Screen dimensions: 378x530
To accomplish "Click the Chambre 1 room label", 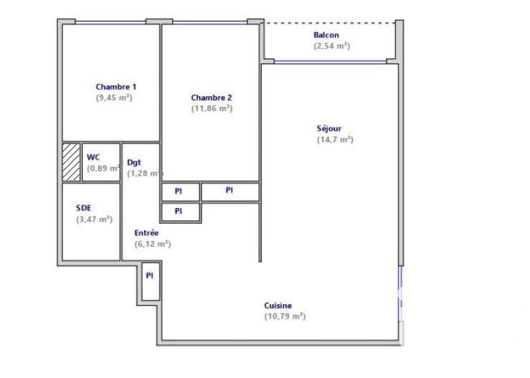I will point(115,87).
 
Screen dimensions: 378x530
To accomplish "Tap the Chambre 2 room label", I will point(211,98).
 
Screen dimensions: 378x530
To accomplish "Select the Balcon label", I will point(326,35).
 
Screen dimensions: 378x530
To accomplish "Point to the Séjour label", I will point(329,129).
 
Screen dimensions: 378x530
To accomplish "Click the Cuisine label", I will point(278,306).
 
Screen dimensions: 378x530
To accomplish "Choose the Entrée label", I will point(146,233).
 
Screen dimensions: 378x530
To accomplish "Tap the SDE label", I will point(84,209).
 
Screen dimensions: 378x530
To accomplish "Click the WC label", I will point(93,157).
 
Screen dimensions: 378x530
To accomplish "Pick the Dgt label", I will point(133,162).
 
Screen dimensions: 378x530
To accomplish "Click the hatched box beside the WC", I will point(71,162).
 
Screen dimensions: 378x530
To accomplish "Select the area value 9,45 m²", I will point(115,98).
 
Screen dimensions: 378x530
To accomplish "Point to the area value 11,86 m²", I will point(212,108).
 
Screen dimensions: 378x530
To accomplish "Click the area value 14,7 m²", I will point(335,140).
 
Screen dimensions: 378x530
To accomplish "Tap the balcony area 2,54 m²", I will point(331,46).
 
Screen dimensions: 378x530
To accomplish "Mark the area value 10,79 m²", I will point(285,316).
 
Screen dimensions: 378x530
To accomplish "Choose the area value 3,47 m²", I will point(95,219).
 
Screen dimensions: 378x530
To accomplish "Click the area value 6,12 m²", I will point(152,244).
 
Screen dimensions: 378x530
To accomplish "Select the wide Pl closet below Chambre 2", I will point(229,191).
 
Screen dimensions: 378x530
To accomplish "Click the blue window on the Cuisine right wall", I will point(400,294).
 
